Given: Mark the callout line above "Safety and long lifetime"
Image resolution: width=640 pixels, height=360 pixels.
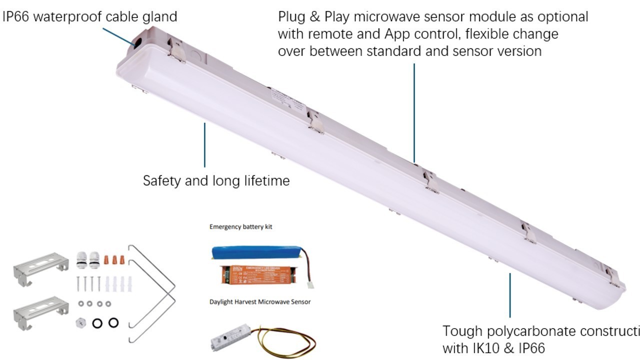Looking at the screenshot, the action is click(x=204, y=145).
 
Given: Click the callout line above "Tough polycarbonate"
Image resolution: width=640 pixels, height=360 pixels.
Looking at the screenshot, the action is click(x=510, y=295).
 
